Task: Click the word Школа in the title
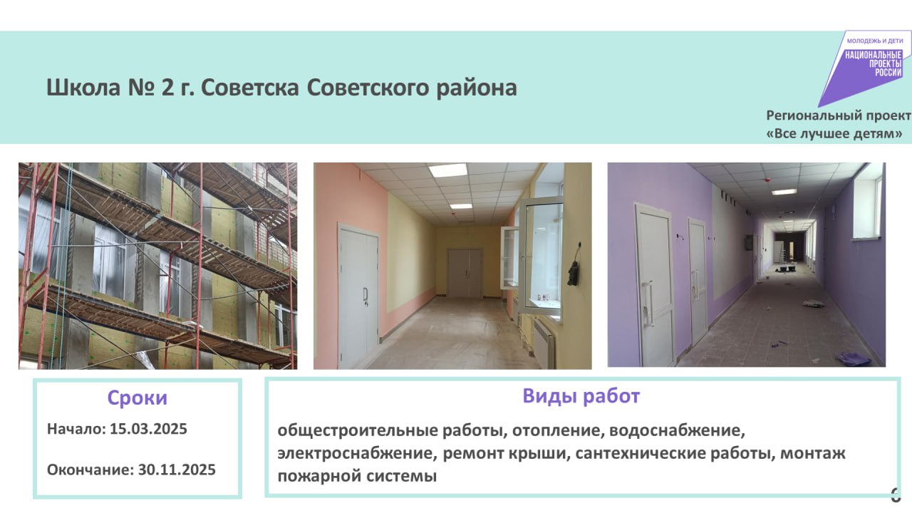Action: [83, 88]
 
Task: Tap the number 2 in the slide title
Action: [167, 88]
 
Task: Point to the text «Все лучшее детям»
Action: [834, 134]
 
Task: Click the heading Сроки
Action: [138, 398]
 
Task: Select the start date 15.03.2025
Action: [148, 429]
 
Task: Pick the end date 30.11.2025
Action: [177, 470]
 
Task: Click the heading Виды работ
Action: [581, 396]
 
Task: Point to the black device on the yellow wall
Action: [574, 269]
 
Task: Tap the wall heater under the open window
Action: [545, 342]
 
